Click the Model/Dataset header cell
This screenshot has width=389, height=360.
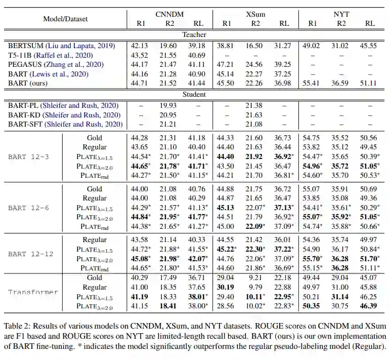[x=65, y=19]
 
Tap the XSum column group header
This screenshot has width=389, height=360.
[x=255, y=15]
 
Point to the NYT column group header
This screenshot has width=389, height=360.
[x=342, y=15]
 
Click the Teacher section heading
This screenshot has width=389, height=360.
[x=194, y=35]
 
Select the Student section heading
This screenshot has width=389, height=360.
[x=194, y=95]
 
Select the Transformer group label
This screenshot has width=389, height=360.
[x=33, y=292]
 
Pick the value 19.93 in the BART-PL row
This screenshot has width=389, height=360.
[x=168, y=105]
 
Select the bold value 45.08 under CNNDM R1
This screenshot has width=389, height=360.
[x=139, y=259]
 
